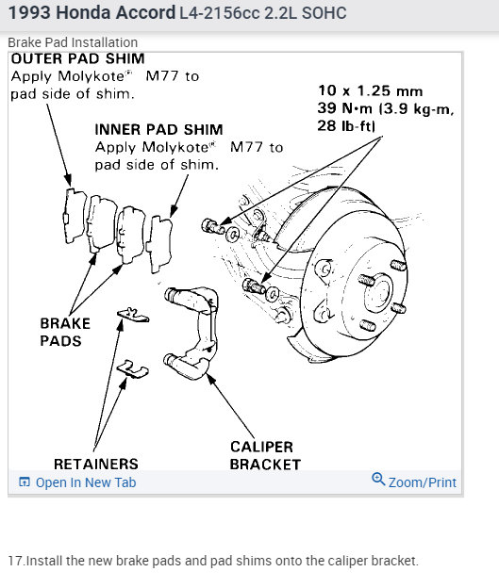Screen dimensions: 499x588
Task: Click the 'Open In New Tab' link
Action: point(77,482)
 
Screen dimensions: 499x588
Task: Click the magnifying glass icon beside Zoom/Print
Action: point(378,480)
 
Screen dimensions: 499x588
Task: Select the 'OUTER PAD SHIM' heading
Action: point(77,58)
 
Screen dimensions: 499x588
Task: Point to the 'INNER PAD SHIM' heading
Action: point(158,130)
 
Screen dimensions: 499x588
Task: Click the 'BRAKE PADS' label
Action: point(65,333)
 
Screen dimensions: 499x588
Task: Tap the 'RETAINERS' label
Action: point(96,464)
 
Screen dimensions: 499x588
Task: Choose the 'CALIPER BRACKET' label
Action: point(265,456)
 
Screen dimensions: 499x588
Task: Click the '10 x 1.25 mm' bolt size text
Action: point(370,90)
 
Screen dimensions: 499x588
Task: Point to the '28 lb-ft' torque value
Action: point(346,125)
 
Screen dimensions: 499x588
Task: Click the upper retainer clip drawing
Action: point(133,315)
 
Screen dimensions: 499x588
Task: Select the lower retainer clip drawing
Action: point(133,369)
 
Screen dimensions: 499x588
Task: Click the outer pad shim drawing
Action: point(75,215)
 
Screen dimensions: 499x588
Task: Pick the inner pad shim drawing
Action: point(159,244)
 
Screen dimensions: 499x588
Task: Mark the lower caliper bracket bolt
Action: point(254,286)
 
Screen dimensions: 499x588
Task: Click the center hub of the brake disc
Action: point(378,292)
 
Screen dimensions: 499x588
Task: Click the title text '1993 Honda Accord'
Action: point(92,12)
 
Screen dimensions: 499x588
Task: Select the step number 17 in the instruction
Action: point(15,561)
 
